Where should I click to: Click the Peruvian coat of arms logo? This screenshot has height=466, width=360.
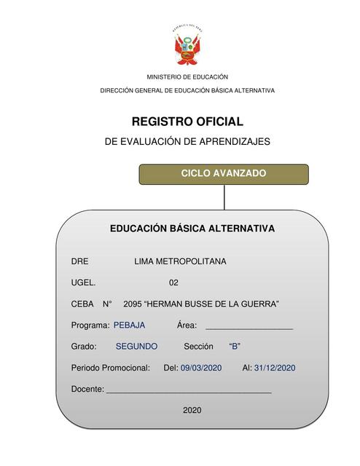(187, 47)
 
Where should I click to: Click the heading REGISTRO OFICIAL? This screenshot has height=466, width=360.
(187, 122)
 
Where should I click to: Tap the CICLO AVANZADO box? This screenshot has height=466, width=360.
(224, 174)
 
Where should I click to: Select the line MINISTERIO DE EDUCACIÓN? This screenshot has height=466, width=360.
(187, 76)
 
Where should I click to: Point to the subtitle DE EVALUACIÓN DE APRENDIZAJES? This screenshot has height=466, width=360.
(187, 141)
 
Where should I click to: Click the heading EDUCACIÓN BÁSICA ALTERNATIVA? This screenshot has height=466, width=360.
(192, 229)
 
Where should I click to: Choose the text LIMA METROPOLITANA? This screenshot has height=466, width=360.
(180, 261)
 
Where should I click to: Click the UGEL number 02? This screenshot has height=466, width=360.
(173, 283)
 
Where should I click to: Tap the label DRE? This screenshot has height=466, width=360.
(79, 261)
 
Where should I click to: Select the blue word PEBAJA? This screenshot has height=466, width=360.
(129, 325)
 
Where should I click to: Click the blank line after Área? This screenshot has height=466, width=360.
(249, 327)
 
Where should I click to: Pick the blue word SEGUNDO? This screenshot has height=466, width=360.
(136, 347)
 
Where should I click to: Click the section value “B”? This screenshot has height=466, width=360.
(235, 347)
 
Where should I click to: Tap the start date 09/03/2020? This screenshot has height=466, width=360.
(201, 368)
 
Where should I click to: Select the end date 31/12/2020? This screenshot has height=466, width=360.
(275, 368)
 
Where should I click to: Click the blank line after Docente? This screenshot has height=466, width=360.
(189, 391)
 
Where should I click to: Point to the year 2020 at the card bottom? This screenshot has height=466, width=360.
(192, 411)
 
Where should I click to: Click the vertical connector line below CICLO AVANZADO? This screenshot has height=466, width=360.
(224, 197)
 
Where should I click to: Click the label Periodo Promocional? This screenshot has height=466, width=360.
(110, 368)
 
